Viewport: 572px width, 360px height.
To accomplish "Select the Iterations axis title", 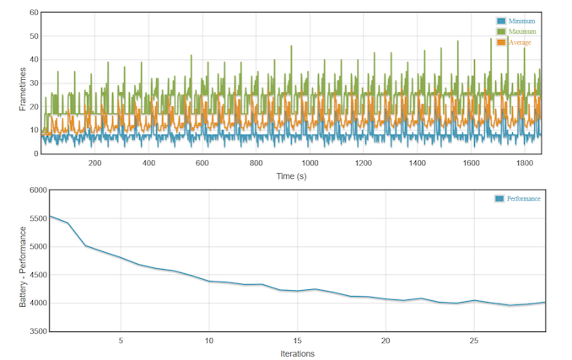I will [x=297, y=353].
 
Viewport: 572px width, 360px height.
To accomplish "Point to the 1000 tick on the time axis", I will [x=310, y=164].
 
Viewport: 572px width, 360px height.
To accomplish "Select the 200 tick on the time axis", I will [x=94, y=164].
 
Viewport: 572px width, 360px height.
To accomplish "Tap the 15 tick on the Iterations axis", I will [x=297, y=341].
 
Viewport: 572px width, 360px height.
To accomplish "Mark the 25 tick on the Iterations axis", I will [x=473, y=341].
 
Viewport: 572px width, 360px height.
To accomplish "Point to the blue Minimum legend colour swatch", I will [x=501, y=21].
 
